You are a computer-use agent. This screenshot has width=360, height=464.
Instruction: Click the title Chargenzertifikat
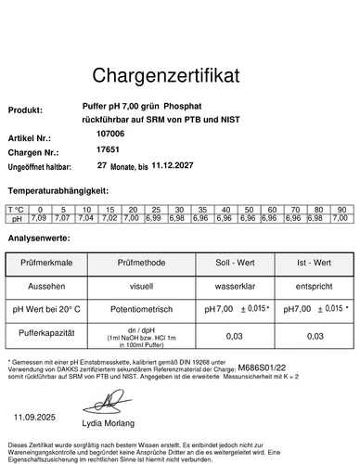pos(180,73)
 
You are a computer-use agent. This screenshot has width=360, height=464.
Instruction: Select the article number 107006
pos(110,134)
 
